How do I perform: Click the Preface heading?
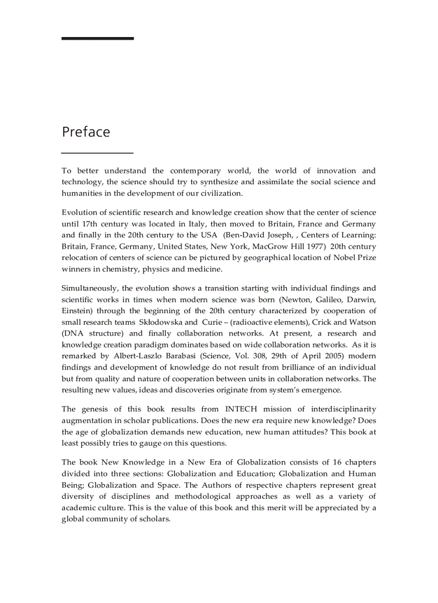[86, 132]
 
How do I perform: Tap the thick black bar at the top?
[97, 39]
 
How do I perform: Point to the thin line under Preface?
[97, 154]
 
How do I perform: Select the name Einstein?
[78, 311]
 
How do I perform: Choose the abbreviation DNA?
[72, 333]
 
